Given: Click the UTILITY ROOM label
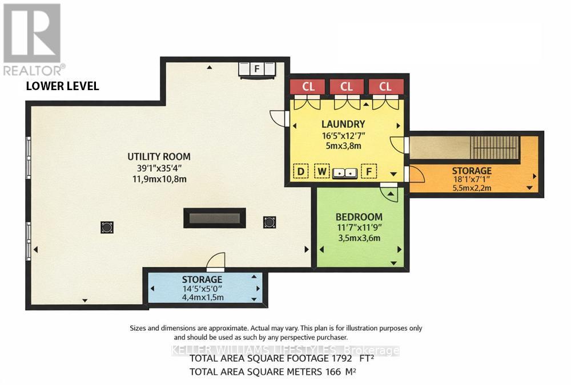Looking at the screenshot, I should point(159,156).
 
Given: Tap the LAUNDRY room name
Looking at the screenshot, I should point(343,124).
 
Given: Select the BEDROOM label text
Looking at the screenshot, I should point(359,217).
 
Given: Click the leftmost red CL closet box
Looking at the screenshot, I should point(308,87).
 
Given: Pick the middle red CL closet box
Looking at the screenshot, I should point(347,87).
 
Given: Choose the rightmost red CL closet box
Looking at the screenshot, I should point(385,87).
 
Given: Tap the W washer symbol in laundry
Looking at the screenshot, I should point(321,171).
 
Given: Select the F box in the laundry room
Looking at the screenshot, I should point(370,171).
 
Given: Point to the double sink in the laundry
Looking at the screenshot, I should point(345,172).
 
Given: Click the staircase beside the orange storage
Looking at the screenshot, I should point(494,148).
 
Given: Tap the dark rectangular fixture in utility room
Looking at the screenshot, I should point(215,218).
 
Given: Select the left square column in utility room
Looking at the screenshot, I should point(106,228).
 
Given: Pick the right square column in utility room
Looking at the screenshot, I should point(270,222).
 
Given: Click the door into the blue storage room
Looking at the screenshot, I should point(216,263).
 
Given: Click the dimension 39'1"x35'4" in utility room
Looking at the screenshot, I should point(159,168).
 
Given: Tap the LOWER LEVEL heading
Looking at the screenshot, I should point(63,87).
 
